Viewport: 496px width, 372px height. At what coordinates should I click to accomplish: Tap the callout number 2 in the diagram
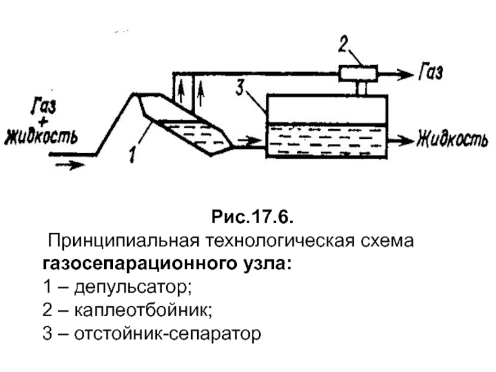point(344,45)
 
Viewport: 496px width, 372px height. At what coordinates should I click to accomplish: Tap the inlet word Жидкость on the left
point(41,135)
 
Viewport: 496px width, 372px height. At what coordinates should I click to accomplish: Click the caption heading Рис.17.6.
point(251,218)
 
